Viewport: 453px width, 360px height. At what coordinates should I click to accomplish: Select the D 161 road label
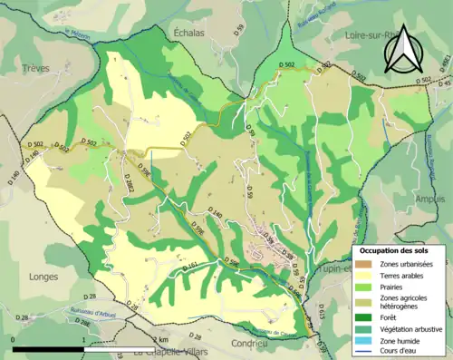click(x=190, y=266)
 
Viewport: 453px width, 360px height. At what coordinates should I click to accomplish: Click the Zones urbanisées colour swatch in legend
click(x=363, y=263)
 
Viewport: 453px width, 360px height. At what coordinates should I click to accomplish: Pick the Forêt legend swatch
click(x=363, y=317)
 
